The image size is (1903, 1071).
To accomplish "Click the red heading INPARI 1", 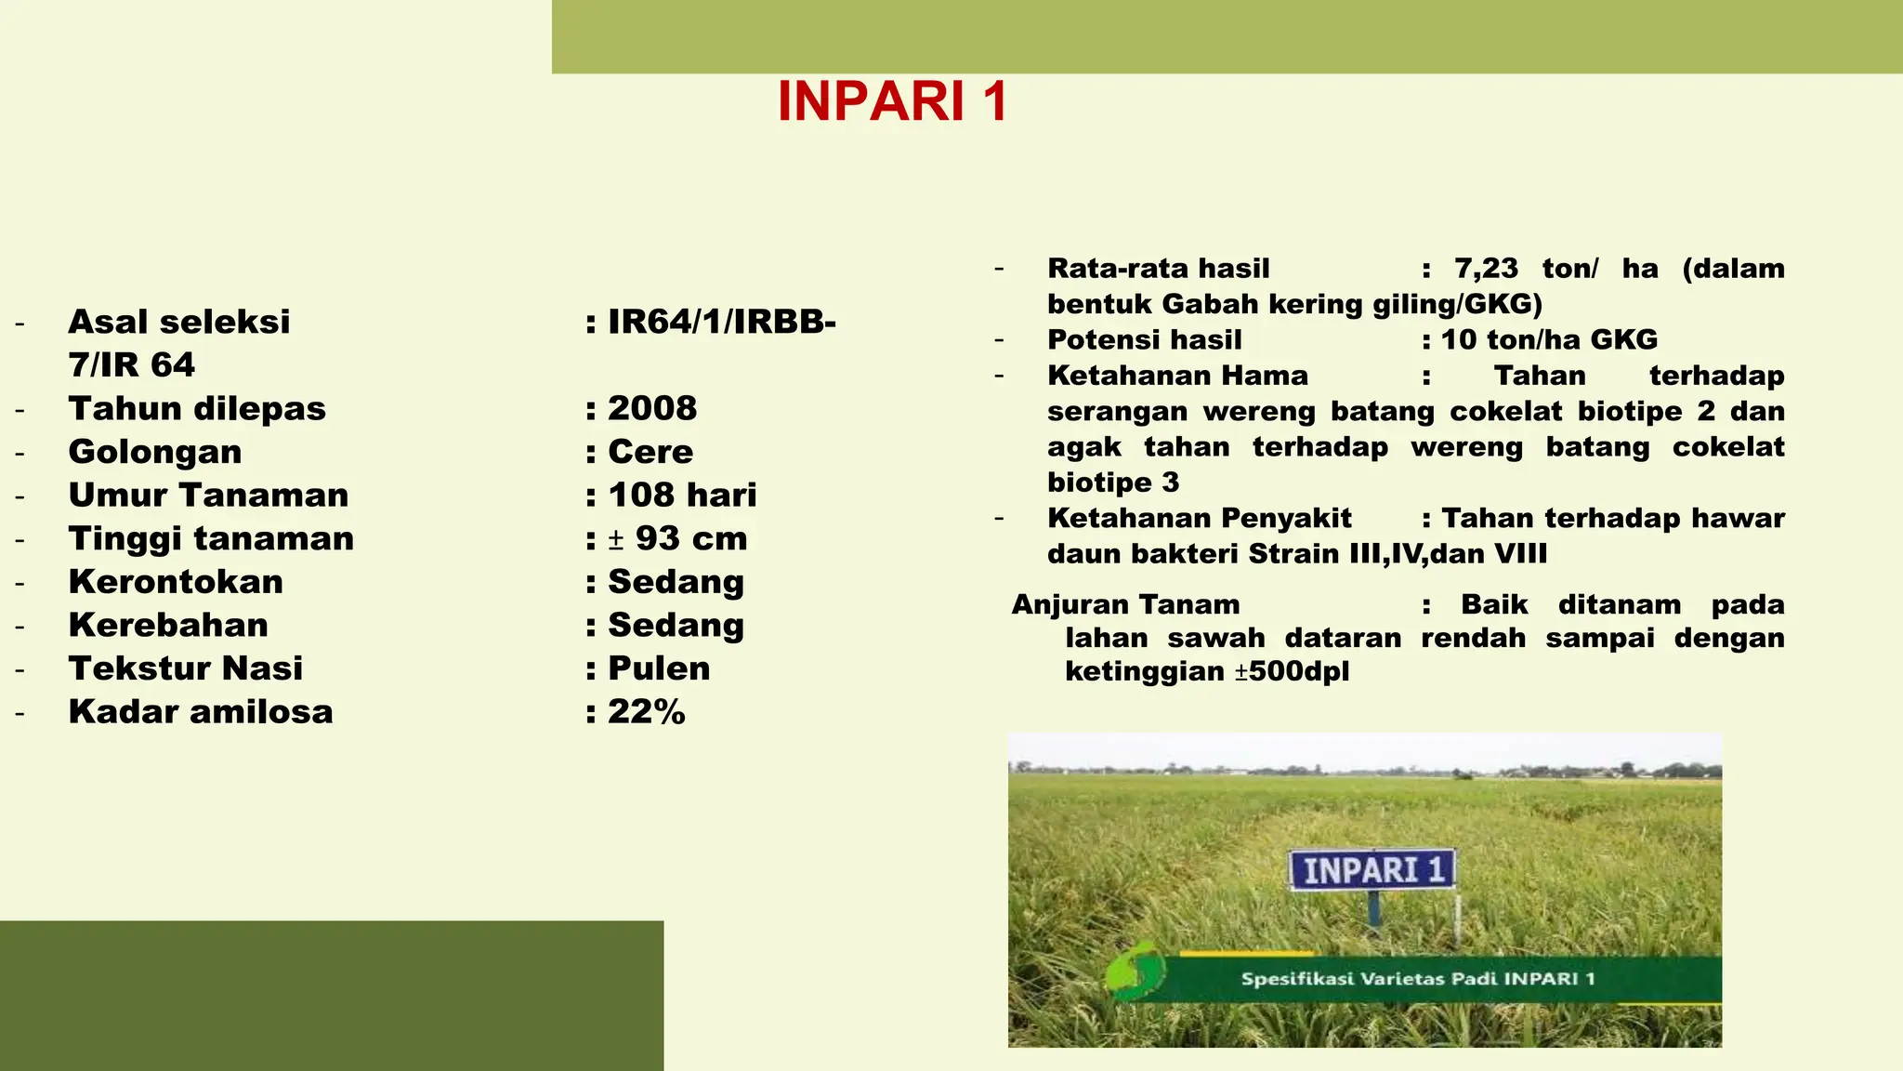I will pyautogui.click(x=892, y=100).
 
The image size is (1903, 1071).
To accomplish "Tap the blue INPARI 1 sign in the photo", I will pyautogui.click(x=1372, y=870).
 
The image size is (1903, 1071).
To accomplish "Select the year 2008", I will pyautogui.click(x=652, y=408).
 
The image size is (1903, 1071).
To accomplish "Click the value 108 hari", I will pyautogui.click(x=682, y=495).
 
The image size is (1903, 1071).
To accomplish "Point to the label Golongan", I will pyautogui.click(x=155, y=452).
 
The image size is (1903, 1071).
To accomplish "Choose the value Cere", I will pyautogui.click(x=650, y=452).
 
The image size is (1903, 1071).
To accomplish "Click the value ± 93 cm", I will pyautogui.click(x=677, y=538).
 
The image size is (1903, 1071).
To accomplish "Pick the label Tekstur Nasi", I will pyautogui.click(x=186, y=668).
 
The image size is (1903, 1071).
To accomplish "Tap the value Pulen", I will pyautogui.click(x=659, y=668).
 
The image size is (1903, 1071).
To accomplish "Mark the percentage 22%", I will pyautogui.click(x=647, y=712).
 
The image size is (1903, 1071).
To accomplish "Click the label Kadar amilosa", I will pyautogui.click(x=201, y=712).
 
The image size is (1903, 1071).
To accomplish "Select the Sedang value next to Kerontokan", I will pyautogui.click(x=676, y=582).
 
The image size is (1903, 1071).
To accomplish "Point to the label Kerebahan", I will pyautogui.click(x=168, y=625).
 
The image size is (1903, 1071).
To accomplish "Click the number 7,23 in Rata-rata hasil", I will pyautogui.click(x=1486, y=269).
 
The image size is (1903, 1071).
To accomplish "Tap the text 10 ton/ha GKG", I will pyautogui.click(x=1549, y=339).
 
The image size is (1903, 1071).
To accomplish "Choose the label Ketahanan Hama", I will pyautogui.click(x=1177, y=376).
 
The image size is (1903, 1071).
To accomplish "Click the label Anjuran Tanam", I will pyautogui.click(x=1125, y=604).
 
